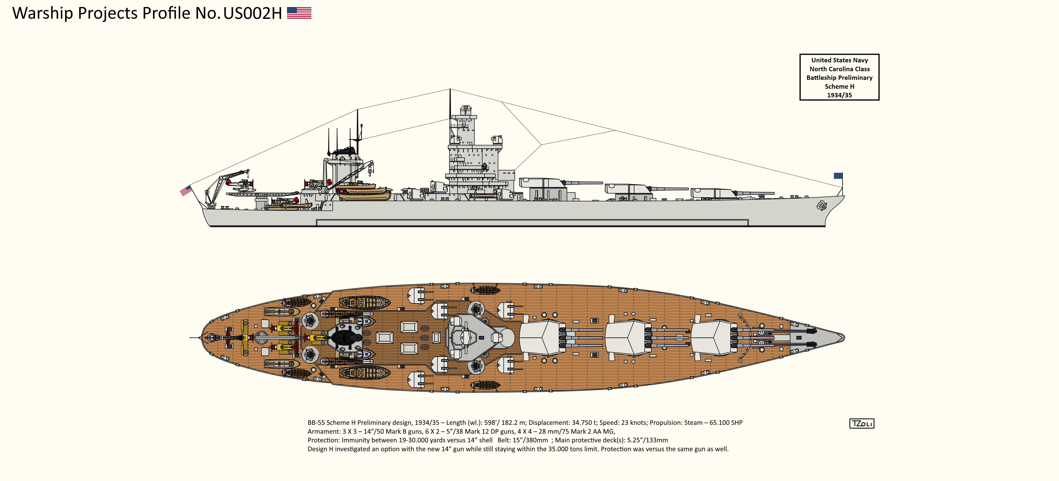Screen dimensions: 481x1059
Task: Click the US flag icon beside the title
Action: [299, 13]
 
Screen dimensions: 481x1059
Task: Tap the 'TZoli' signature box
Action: [862, 423]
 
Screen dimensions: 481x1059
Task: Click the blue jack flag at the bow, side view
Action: [838, 176]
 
